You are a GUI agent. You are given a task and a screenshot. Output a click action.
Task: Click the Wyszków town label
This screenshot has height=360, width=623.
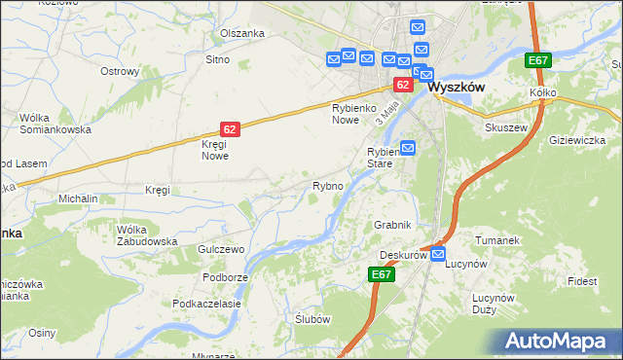click(457, 86)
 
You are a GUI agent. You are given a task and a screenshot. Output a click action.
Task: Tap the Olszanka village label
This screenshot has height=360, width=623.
click(242, 33)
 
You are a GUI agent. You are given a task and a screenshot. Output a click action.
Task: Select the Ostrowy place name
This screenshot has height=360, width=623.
click(121, 71)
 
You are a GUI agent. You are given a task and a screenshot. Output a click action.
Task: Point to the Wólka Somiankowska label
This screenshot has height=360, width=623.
click(55, 124)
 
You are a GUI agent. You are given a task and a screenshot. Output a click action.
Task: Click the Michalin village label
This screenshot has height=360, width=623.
click(78, 198)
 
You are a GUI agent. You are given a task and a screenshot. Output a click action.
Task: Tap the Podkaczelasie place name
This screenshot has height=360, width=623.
click(206, 304)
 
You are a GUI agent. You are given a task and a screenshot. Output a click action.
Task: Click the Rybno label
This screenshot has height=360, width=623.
click(327, 185)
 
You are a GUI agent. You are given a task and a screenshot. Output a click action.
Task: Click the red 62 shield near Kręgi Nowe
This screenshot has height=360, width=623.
click(230, 128)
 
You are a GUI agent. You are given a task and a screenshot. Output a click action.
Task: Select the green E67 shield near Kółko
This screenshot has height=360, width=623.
click(538, 60)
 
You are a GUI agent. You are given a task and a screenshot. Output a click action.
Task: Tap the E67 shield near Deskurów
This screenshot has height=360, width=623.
click(382, 275)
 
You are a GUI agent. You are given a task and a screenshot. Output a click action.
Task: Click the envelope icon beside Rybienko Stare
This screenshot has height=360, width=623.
click(408, 148)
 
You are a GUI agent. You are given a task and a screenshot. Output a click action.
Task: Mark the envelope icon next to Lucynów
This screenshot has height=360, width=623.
click(438, 255)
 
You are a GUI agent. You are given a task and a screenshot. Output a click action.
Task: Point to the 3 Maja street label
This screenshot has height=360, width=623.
click(386, 115)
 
